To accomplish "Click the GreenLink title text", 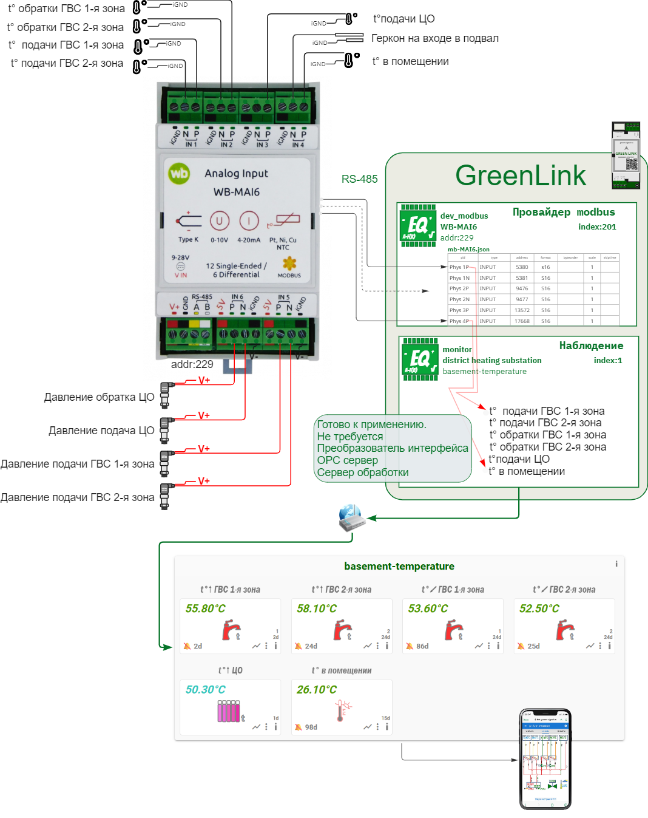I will [520, 176].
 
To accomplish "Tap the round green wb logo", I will [179, 173].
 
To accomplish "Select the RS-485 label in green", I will [359, 179].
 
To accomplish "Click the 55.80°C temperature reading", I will [205, 608].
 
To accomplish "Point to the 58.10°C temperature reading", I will [316, 608].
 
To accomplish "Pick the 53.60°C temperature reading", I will [428, 608].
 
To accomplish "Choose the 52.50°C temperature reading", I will [539, 608].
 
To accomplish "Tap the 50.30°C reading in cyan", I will [205, 690].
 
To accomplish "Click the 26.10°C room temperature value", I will [316, 690].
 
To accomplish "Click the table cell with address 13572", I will [522, 310].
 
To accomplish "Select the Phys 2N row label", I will [459, 299].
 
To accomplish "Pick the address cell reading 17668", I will [522, 321].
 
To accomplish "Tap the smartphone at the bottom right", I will [545, 758].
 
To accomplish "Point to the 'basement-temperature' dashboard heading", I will [399, 567].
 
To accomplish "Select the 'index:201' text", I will [597, 227].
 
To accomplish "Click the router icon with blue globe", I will [351, 516].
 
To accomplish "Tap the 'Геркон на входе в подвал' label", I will [435, 39].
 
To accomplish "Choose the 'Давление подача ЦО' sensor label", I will [101, 431].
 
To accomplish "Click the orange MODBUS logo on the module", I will [289, 264].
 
